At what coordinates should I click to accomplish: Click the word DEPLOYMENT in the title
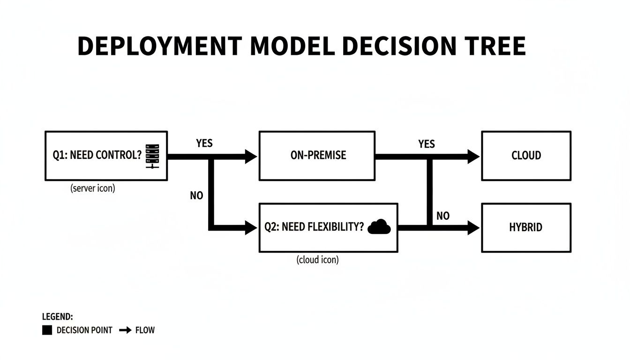[x=159, y=46]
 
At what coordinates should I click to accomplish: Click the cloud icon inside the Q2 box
[x=379, y=227]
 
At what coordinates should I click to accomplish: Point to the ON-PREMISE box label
[x=318, y=155]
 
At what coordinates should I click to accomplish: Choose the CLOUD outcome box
[x=526, y=156]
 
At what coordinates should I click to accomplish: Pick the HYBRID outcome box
[x=526, y=227]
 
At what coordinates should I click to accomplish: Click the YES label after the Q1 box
[x=204, y=143]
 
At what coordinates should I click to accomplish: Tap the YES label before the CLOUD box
[x=427, y=144]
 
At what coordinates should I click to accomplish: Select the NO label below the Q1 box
[x=196, y=195]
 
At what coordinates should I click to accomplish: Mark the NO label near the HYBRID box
[x=442, y=216]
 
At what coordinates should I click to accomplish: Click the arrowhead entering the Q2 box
[x=251, y=228]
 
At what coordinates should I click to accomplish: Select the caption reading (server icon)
[x=93, y=188]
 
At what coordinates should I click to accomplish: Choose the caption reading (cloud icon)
[x=317, y=259]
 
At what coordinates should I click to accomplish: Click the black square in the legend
[x=47, y=330]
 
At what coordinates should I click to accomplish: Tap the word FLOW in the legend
[x=145, y=330]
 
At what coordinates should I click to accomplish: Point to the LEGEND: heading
[x=57, y=317]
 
